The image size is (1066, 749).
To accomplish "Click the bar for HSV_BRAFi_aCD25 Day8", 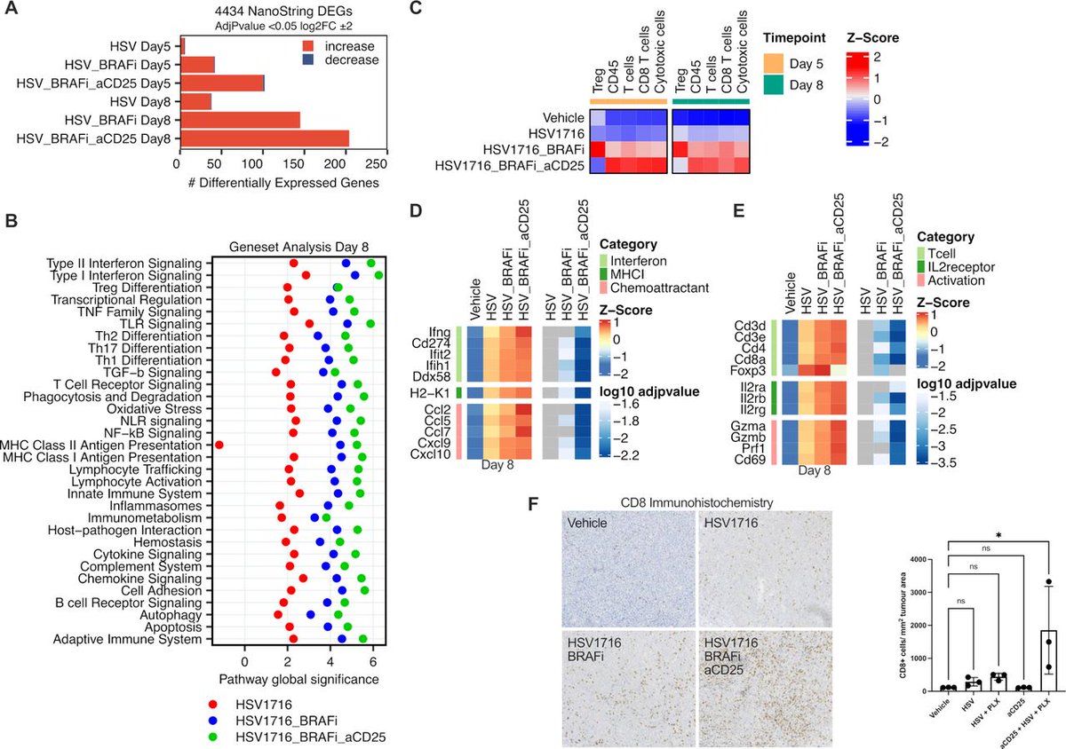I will click(x=264, y=138).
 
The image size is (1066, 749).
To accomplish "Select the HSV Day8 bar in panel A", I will click(x=195, y=101).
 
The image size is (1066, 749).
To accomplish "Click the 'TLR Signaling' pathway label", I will click(x=169, y=324).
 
